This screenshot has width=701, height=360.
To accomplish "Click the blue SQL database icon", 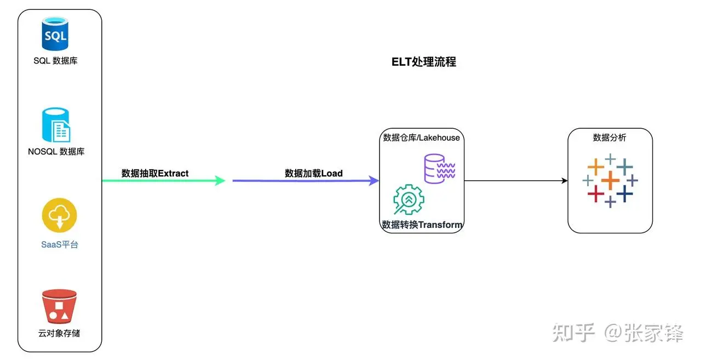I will [x=55, y=34].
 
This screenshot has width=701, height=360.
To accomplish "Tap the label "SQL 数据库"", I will [x=55, y=61].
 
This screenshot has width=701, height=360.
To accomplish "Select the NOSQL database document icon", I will [x=56, y=125].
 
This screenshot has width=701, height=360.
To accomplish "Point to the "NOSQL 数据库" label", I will [x=56, y=151].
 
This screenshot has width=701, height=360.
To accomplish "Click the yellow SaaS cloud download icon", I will [x=59, y=215].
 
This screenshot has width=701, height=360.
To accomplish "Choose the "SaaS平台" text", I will [x=60, y=244].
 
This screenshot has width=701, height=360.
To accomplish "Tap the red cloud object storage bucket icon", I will [x=59, y=307].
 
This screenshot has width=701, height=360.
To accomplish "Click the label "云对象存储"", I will [x=59, y=333].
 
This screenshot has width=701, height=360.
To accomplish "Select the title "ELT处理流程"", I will [x=424, y=62].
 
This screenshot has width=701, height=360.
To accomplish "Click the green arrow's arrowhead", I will [x=221, y=180].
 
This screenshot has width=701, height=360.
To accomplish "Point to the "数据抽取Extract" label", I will [x=155, y=173].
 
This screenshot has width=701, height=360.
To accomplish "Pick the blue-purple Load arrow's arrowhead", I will [x=375, y=180].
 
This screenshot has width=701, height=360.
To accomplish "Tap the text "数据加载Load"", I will [x=314, y=173].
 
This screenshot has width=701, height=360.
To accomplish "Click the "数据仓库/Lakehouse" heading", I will [x=422, y=138].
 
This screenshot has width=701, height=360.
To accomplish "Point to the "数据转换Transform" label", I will [x=422, y=225].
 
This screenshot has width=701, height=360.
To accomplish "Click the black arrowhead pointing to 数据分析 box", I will [x=564, y=180].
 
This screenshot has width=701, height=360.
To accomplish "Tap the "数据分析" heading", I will [x=610, y=138].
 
